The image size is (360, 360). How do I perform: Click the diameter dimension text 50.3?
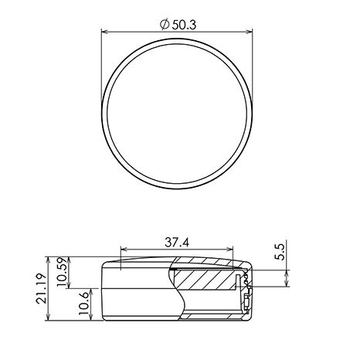click(x=184, y=25)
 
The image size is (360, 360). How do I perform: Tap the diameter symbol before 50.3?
click(x=165, y=25)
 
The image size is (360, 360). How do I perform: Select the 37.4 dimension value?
click(x=177, y=243)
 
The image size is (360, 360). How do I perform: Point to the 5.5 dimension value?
click(x=280, y=252)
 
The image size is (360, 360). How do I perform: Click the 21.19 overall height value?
click(x=41, y=288)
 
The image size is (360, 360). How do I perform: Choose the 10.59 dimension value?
click(x=62, y=271)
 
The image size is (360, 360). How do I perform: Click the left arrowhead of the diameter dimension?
click(x=104, y=32)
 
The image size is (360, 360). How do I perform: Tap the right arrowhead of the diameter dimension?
click(x=250, y=32)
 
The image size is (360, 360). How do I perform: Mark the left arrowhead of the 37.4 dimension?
click(x=124, y=249)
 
